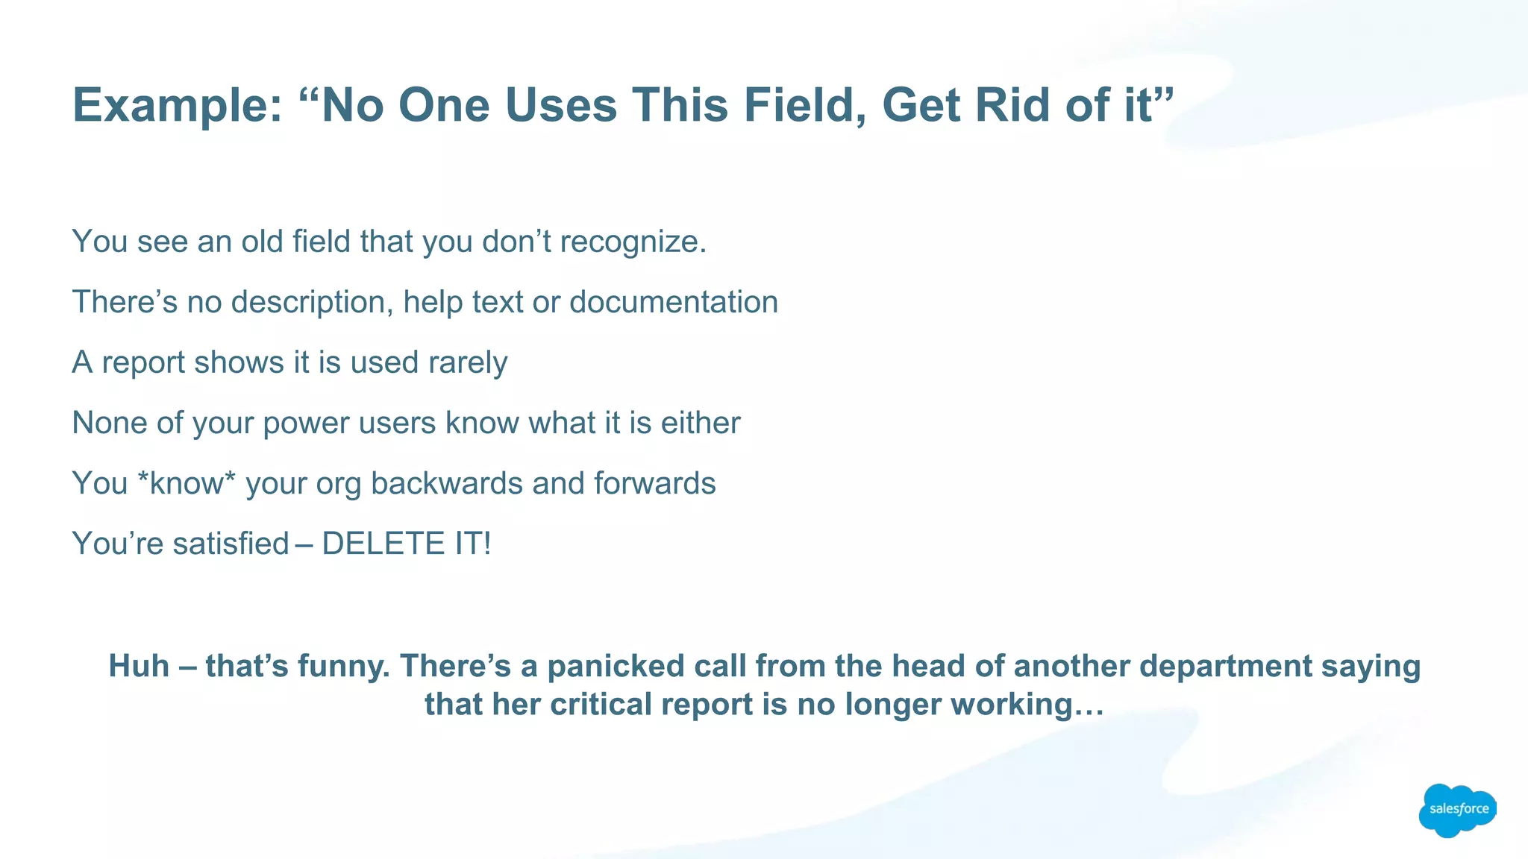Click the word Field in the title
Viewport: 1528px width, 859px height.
click(804, 105)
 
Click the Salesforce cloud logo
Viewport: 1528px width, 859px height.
click(1457, 810)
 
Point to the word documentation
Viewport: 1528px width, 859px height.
click(673, 302)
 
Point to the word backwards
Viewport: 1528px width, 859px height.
click(446, 483)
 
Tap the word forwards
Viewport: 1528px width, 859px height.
click(654, 483)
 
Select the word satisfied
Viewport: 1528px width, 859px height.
click(231, 544)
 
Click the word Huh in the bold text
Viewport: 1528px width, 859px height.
click(139, 666)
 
